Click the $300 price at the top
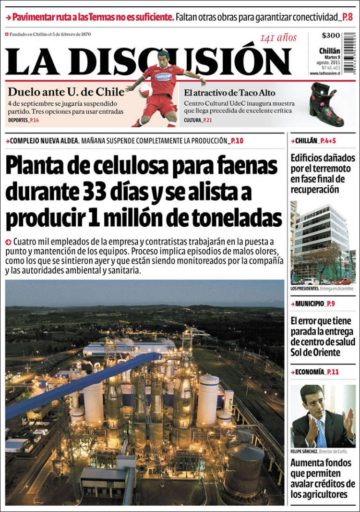click(331, 36)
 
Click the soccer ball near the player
click(145, 91)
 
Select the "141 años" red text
click(278, 38)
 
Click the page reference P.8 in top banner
click(347, 18)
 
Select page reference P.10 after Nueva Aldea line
click(236, 141)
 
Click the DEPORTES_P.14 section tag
click(24, 120)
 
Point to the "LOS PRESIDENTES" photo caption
click(305, 289)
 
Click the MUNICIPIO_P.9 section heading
click(315, 304)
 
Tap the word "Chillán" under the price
click(329, 51)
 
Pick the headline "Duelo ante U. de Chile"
click(66, 92)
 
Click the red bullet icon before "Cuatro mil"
click(8, 241)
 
